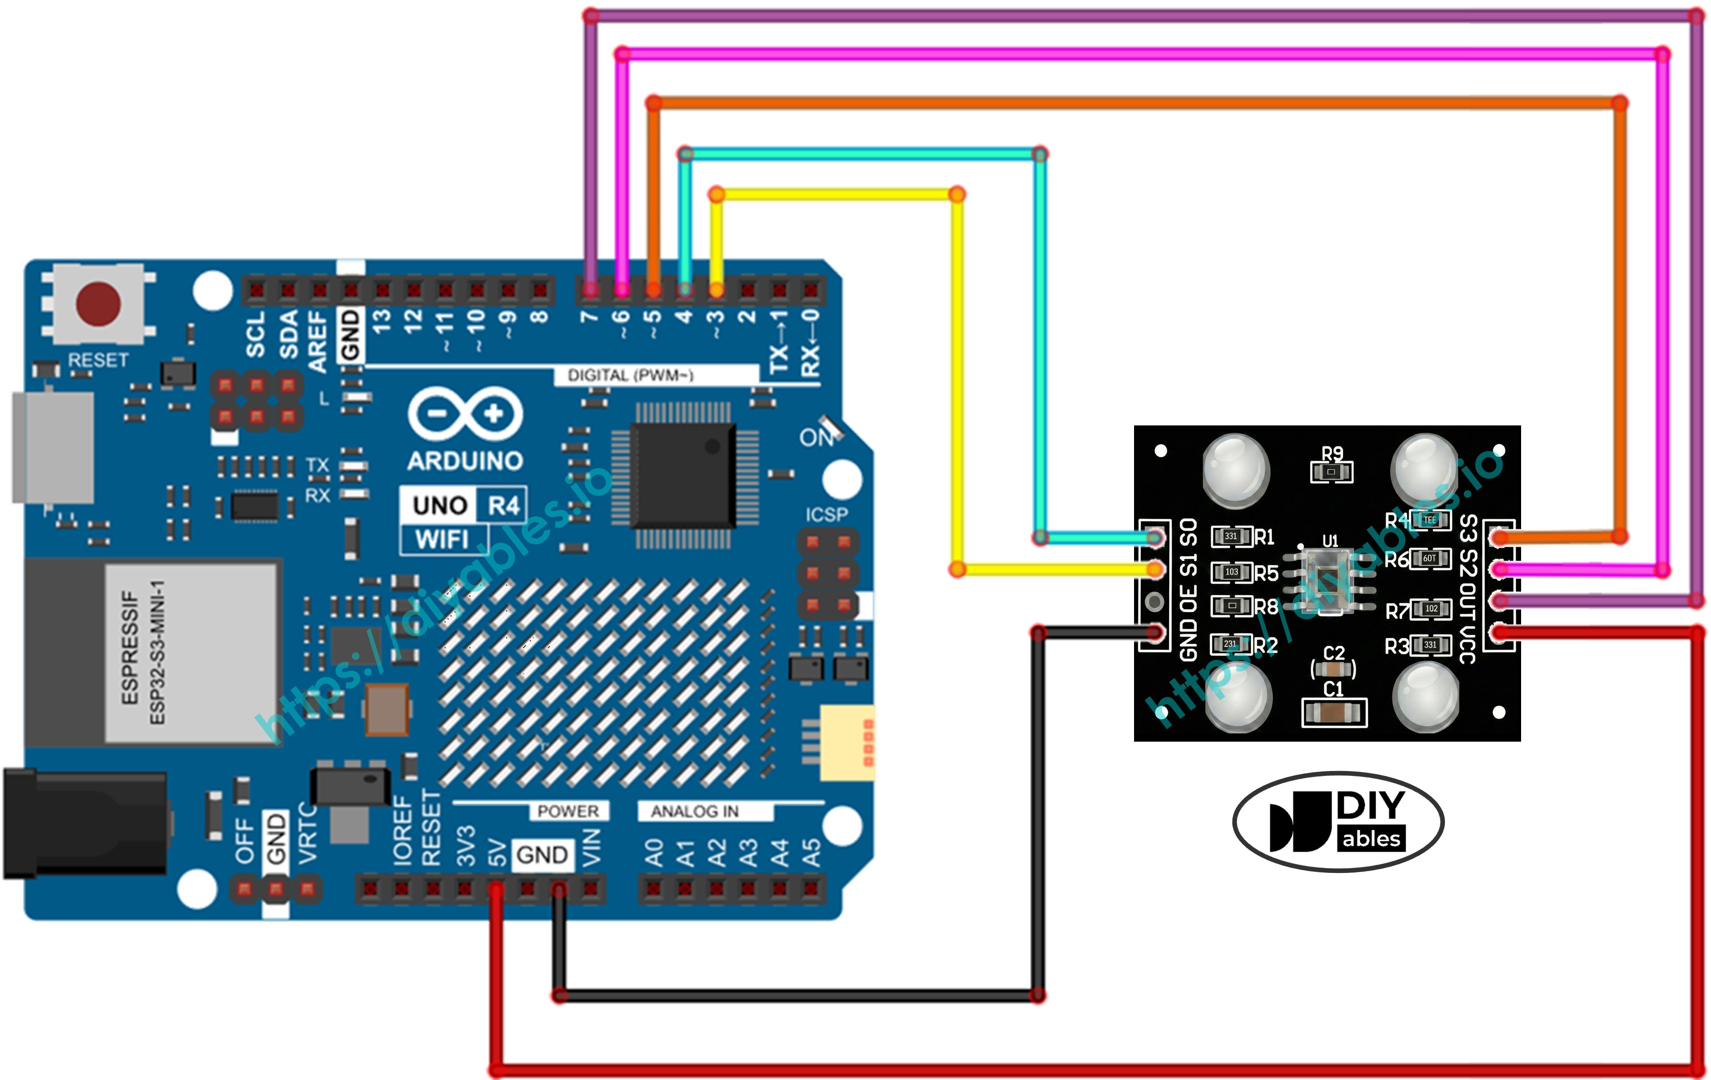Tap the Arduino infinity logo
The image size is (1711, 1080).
pos(466,414)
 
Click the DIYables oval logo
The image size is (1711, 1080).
pos(1338,822)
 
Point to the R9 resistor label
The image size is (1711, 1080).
pos(1332,453)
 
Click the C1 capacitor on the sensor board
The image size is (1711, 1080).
pos(1334,712)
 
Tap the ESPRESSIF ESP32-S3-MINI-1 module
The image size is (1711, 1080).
pos(190,652)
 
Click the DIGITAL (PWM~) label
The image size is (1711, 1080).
pos(630,375)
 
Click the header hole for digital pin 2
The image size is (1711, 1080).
pos(747,290)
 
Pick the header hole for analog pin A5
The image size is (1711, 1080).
pos(811,888)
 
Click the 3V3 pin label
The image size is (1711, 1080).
pos(466,845)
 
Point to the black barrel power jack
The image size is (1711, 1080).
pos(85,824)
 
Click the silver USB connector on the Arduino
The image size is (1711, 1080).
pos(53,446)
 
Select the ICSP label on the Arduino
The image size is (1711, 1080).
pos(826,514)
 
